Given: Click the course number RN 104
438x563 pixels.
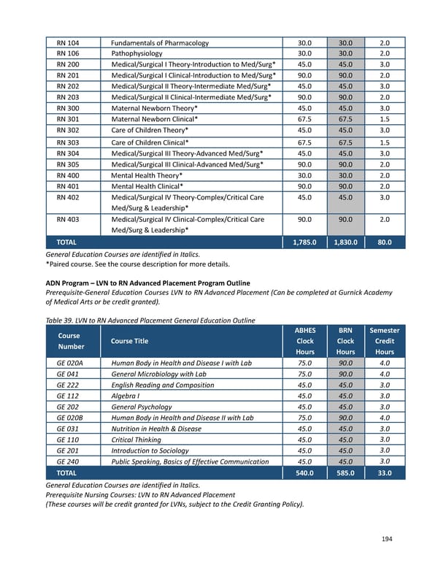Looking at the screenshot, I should tap(68, 42).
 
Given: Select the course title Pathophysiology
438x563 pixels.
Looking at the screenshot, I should tap(143, 53).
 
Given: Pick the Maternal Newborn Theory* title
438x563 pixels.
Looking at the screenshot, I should tap(155, 108).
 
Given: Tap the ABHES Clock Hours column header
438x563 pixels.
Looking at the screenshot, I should tap(304, 340).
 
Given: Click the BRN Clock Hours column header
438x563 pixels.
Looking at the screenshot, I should tap(347, 340).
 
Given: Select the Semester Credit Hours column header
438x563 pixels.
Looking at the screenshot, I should tap(385, 340).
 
